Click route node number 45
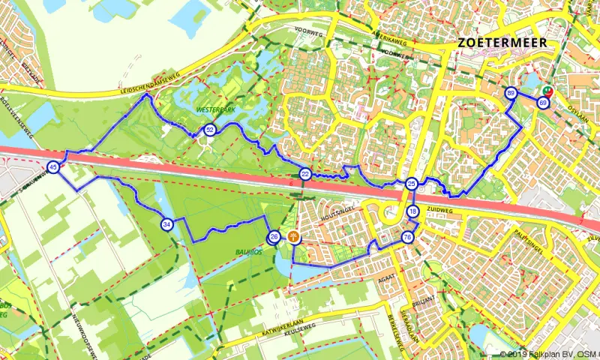(53, 167)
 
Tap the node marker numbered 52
(211, 130)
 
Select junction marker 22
(305, 175)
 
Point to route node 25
(411, 184)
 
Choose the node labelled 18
(413, 212)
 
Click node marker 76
(407, 237)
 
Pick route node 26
(274, 237)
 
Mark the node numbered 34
(166, 223)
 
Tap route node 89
(511, 93)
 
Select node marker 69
(542, 102)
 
